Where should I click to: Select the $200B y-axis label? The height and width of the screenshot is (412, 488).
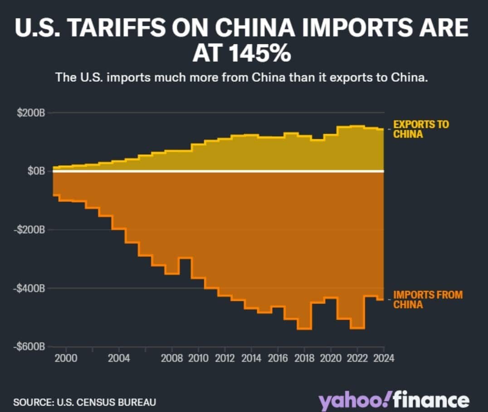(31, 113)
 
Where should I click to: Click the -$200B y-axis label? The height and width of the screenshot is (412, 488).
(29, 230)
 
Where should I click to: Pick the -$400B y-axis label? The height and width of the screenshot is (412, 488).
(29, 288)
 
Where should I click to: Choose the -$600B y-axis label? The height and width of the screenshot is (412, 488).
(29, 347)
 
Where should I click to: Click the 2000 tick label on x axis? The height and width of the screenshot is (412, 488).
(66, 358)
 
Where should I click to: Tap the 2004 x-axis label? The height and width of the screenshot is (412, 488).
(119, 358)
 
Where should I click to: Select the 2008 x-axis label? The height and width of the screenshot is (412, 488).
(172, 358)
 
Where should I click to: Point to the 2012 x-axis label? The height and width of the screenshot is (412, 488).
(225, 358)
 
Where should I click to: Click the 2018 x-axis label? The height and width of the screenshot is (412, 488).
(304, 358)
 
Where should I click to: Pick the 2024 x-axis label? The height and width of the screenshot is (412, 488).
(384, 358)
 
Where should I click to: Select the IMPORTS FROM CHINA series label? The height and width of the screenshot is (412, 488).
(428, 299)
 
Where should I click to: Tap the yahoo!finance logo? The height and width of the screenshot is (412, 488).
(394, 401)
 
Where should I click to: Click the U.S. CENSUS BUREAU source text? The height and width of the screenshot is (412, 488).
(105, 402)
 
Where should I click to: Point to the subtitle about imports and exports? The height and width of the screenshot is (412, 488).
(241, 77)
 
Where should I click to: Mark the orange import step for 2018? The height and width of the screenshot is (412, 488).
(304, 328)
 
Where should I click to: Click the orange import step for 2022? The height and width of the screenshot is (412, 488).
(357, 327)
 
